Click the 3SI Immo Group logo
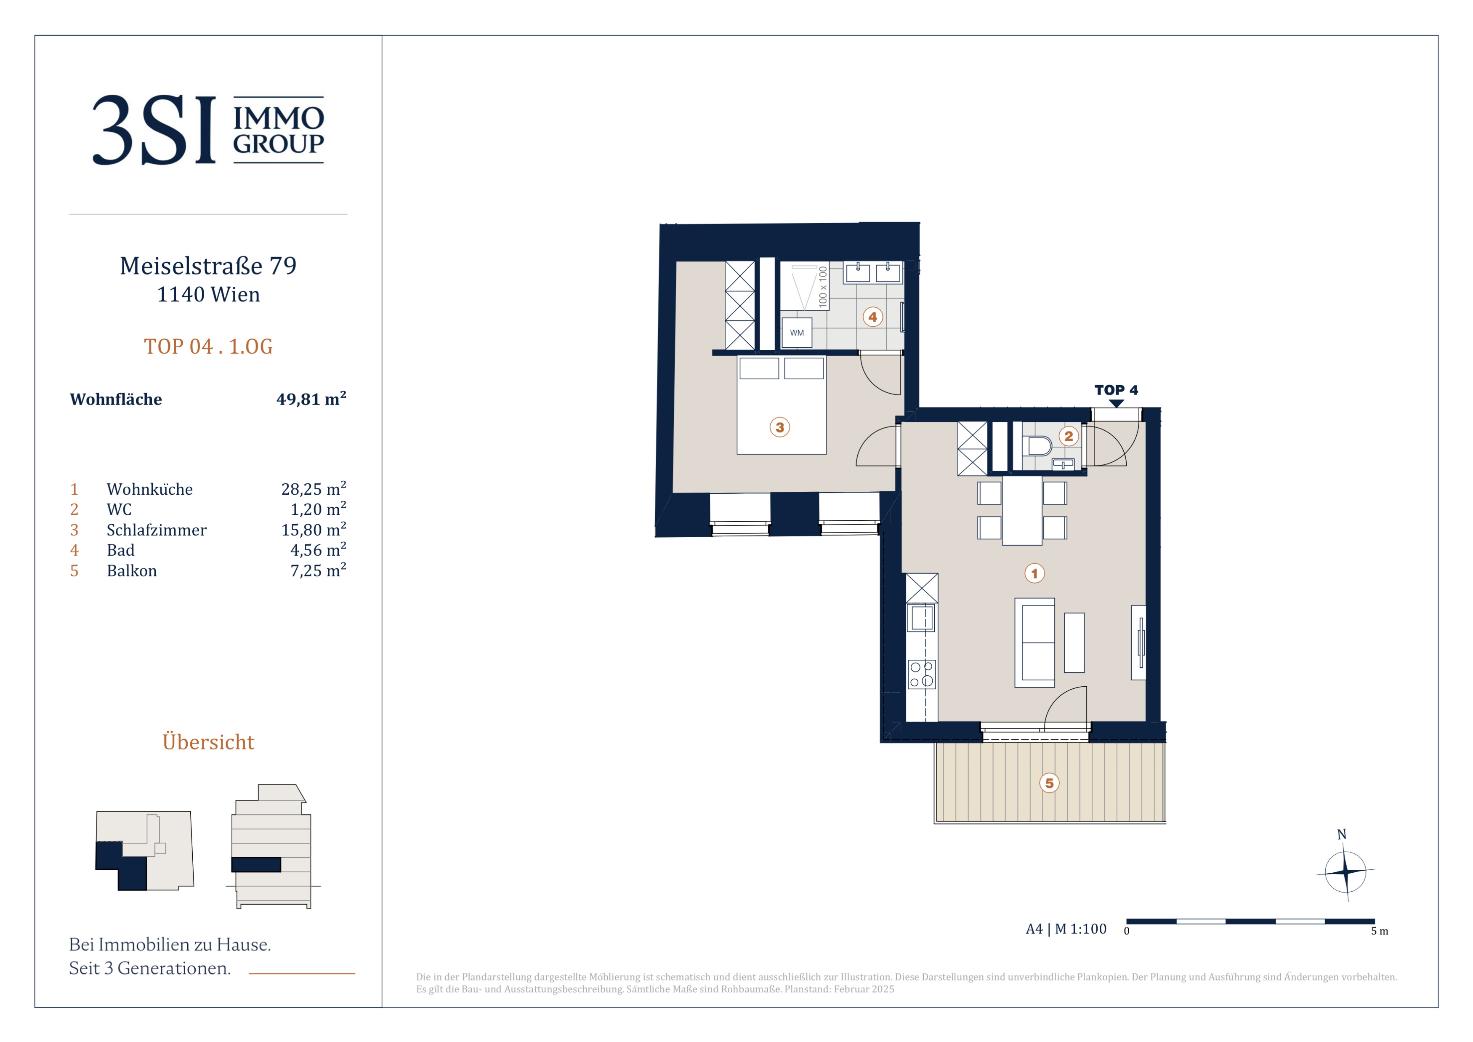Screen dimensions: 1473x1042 coord(208,130)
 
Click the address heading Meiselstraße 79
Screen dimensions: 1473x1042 coord(208,266)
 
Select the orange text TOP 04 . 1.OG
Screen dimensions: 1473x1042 coord(208,346)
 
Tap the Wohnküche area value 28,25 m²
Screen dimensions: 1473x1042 coord(314,488)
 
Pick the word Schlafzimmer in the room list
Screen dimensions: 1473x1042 coord(157,530)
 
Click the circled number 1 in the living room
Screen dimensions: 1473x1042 coord(1034,573)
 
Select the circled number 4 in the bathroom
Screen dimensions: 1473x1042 coord(872,317)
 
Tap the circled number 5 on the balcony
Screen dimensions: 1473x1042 coord(1050,783)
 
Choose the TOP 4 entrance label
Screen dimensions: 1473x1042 coord(1116,390)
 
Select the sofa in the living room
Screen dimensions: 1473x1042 coord(1034,642)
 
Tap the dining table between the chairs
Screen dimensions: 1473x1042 coord(1022,510)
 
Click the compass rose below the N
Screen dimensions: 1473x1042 coord(1345,872)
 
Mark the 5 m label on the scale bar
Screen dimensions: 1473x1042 coord(1379,931)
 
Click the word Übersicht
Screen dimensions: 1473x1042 coord(208,742)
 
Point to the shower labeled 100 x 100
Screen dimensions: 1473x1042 coord(804,286)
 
